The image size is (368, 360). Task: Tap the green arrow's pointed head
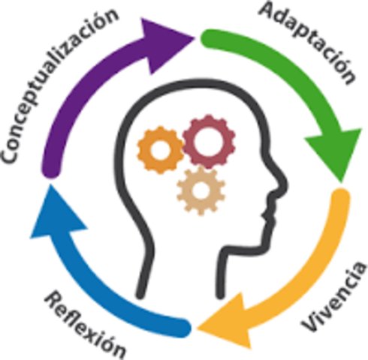[x=336, y=150]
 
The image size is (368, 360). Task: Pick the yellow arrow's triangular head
[x=228, y=322]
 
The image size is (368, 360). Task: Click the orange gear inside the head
[x=161, y=150]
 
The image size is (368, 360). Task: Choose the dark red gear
[x=209, y=142]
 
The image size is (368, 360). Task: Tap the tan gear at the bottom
[x=201, y=190]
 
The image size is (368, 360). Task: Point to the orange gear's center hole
[x=161, y=150]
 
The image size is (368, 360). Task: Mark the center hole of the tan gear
[x=201, y=190]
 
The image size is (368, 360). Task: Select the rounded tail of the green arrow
[x=209, y=39]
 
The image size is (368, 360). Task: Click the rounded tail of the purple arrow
[x=51, y=170]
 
